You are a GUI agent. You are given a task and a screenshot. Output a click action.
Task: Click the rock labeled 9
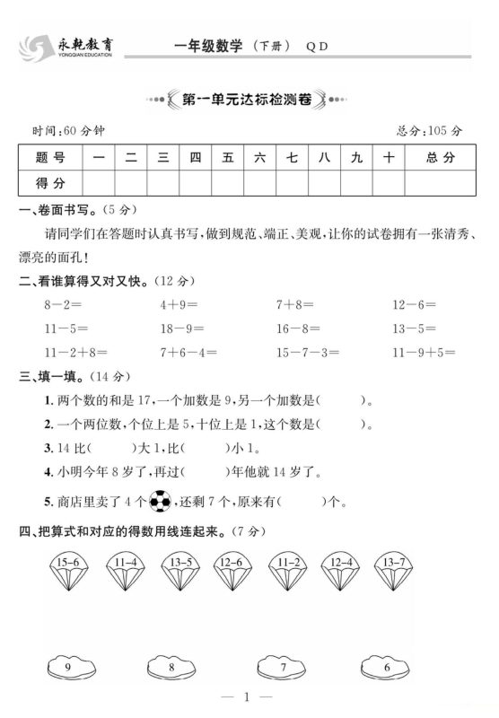point(68,668)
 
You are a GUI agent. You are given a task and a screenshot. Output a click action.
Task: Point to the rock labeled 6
point(387,668)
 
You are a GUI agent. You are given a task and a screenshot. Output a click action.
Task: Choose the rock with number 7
point(283,668)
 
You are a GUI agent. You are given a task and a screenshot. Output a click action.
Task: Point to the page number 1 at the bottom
point(250,696)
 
